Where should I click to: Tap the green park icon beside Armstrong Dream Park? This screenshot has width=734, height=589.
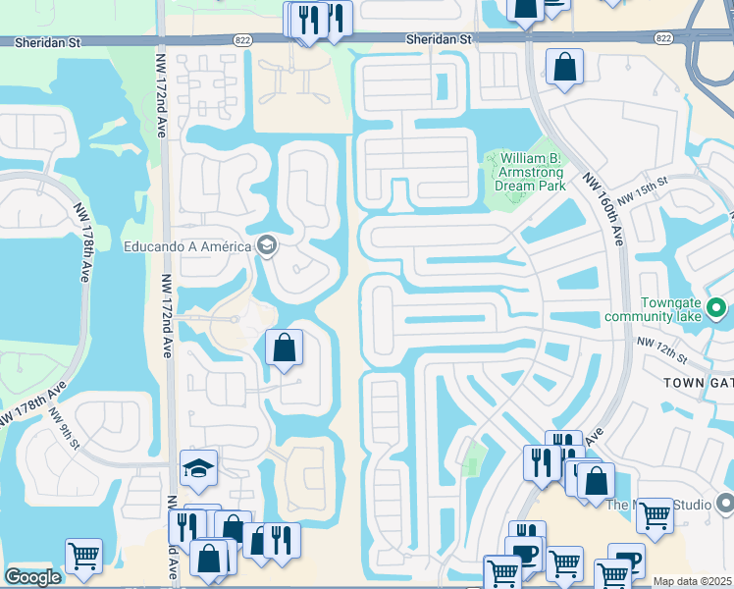(494, 158)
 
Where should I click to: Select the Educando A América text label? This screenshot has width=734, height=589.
(186, 245)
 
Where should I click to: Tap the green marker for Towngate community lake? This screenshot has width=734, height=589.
(716, 309)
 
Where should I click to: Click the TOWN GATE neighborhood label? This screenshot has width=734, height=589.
(698, 381)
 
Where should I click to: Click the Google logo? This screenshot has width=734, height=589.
(32, 577)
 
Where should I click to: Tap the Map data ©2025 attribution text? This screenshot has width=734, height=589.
(693, 581)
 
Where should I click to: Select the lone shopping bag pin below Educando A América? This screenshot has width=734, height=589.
(284, 348)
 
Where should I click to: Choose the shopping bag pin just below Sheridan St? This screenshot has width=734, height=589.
(565, 68)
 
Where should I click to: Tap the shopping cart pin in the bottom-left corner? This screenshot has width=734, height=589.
(83, 557)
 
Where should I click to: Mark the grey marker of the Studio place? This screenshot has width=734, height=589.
(724, 504)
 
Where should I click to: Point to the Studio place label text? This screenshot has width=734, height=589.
(659, 505)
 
